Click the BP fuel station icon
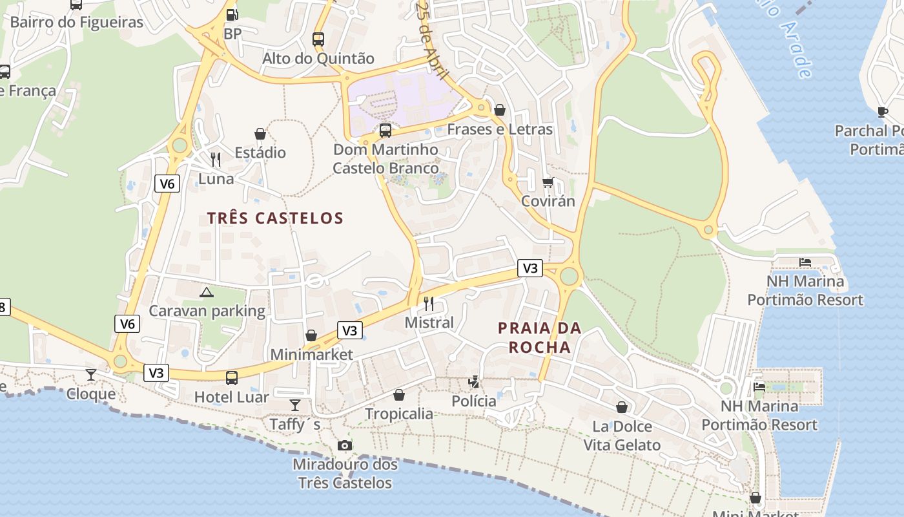[x=231, y=14]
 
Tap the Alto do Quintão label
[x=318, y=58]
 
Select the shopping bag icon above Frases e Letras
[x=499, y=110]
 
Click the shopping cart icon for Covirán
[x=548, y=182]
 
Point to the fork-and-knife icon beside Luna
[x=216, y=159]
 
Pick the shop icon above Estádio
[x=260, y=134]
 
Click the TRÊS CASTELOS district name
[x=275, y=218]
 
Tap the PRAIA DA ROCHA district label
[x=539, y=337]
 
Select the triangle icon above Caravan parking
[x=207, y=292]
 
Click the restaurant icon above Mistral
[x=429, y=303]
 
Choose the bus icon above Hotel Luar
[x=231, y=378]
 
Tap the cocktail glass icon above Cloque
[x=91, y=375]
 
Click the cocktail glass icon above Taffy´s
[x=295, y=405]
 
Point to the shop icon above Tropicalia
[x=399, y=395]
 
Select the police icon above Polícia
[x=474, y=382]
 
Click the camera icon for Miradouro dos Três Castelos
[x=345, y=445]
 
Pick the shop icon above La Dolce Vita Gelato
[x=621, y=407]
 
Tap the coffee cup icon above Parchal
[x=883, y=112]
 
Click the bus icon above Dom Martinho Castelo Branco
[x=385, y=131]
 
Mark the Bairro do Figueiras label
[x=77, y=22]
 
